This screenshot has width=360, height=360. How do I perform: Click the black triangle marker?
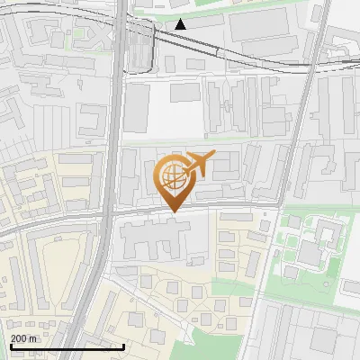click(181, 24)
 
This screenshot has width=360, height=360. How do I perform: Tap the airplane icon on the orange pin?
click(198, 164)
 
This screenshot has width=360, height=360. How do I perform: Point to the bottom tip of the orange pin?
click(172, 211)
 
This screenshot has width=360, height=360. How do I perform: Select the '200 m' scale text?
click(24, 337)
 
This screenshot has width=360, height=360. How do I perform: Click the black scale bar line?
click(67, 346)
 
